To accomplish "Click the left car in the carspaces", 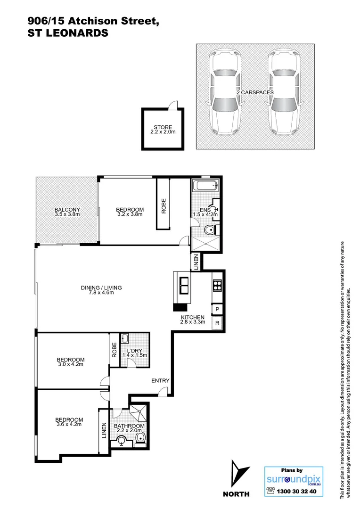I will click(225, 93).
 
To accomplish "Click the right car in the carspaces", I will click(283, 93).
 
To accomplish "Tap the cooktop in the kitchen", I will click(218, 284).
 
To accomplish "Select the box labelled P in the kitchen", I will click(217, 309).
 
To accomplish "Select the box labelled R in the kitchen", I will click(217, 323).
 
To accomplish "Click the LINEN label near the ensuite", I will click(196, 262).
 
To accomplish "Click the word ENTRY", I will click(160, 381).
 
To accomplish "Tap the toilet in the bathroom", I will click(140, 439).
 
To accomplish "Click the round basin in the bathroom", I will click(122, 440).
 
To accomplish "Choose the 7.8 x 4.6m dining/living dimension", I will click(101, 293).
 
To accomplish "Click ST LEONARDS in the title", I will click(69, 33).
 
